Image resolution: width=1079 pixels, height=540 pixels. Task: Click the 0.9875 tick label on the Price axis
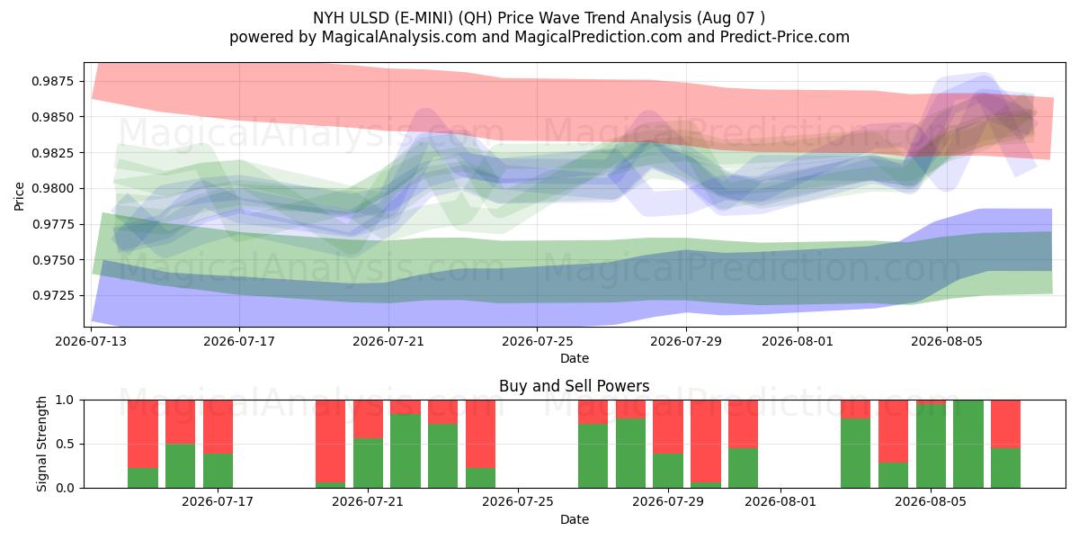(52, 81)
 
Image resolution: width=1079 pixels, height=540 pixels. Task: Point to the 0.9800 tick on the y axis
(52, 188)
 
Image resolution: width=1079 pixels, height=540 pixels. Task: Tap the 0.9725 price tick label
(52, 295)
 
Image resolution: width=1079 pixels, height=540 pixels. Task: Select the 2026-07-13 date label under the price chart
(91, 341)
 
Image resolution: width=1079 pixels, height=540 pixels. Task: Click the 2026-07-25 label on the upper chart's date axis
(537, 341)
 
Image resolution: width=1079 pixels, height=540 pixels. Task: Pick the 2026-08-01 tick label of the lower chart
(780, 502)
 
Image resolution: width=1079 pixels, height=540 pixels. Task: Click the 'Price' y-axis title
(19, 196)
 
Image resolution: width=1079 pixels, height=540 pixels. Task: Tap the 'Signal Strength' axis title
(42, 444)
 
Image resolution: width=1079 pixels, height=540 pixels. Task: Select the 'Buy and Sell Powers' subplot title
(575, 386)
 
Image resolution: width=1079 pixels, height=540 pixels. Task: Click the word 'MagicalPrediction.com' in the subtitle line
(598, 37)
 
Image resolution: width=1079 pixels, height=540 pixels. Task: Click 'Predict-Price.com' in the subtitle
(785, 37)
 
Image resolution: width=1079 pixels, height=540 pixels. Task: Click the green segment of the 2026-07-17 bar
(218, 471)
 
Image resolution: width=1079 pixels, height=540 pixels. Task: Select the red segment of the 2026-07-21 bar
(368, 419)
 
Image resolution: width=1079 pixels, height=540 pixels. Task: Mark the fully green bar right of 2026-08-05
(968, 444)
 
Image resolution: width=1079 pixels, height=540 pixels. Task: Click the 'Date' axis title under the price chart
(575, 359)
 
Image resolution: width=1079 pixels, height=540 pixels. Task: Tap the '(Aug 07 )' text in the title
(730, 18)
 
